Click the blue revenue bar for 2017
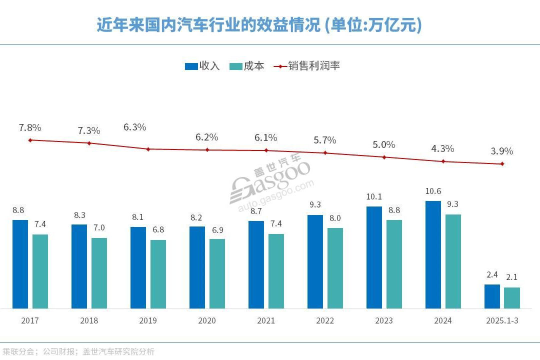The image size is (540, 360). point(20,264)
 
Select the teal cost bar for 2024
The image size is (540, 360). point(453,261)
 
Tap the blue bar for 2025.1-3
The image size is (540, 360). point(492,296)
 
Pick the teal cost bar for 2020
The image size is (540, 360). point(217,273)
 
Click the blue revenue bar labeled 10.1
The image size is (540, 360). point(374,257)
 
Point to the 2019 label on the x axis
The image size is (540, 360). point(148,320)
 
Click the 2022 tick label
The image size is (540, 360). point(325,320)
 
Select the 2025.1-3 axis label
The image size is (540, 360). point(502,320)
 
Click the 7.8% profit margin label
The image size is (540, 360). point(29,128)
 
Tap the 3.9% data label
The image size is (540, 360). point(502,151)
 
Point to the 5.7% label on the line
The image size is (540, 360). point(325,140)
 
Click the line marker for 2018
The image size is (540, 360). point(89,143)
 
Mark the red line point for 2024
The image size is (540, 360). point(443,161)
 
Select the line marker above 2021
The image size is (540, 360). point(266,150)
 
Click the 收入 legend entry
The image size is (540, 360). point(202,66)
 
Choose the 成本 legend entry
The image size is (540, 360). point(247,66)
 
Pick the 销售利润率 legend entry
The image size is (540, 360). point(307,66)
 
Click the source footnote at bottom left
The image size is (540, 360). point(78,351)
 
